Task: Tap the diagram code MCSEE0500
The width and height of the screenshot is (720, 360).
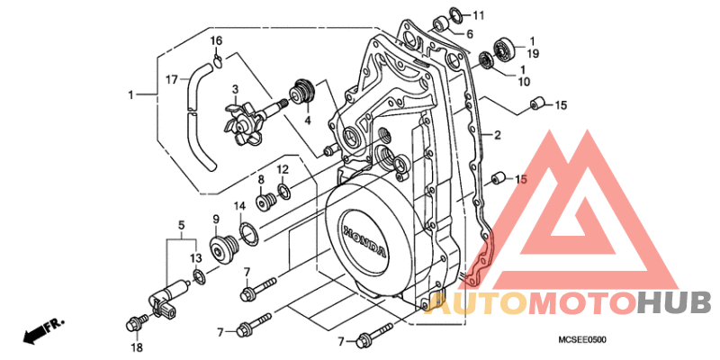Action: pos(581,340)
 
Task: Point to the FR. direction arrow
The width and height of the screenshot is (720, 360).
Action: pos(43,330)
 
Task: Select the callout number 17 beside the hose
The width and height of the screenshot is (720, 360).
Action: pos(171,80)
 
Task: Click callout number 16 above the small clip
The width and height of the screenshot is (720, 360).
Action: pos(216,40)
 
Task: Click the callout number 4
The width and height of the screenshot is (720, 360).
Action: pos(308,121)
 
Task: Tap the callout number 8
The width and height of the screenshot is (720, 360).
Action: pos(260,179)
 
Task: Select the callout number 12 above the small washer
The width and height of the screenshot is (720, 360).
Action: pos(282,169)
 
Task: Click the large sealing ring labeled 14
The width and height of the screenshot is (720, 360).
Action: pos(249,233)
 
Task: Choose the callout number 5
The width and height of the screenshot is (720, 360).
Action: pos(182,226)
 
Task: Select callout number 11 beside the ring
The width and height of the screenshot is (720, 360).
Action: pos(479,15)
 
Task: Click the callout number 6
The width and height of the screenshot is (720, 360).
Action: pos(470,33)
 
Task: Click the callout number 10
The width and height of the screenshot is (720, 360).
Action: pos(524,82)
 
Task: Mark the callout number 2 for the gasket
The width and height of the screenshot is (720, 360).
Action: pos(497,136)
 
